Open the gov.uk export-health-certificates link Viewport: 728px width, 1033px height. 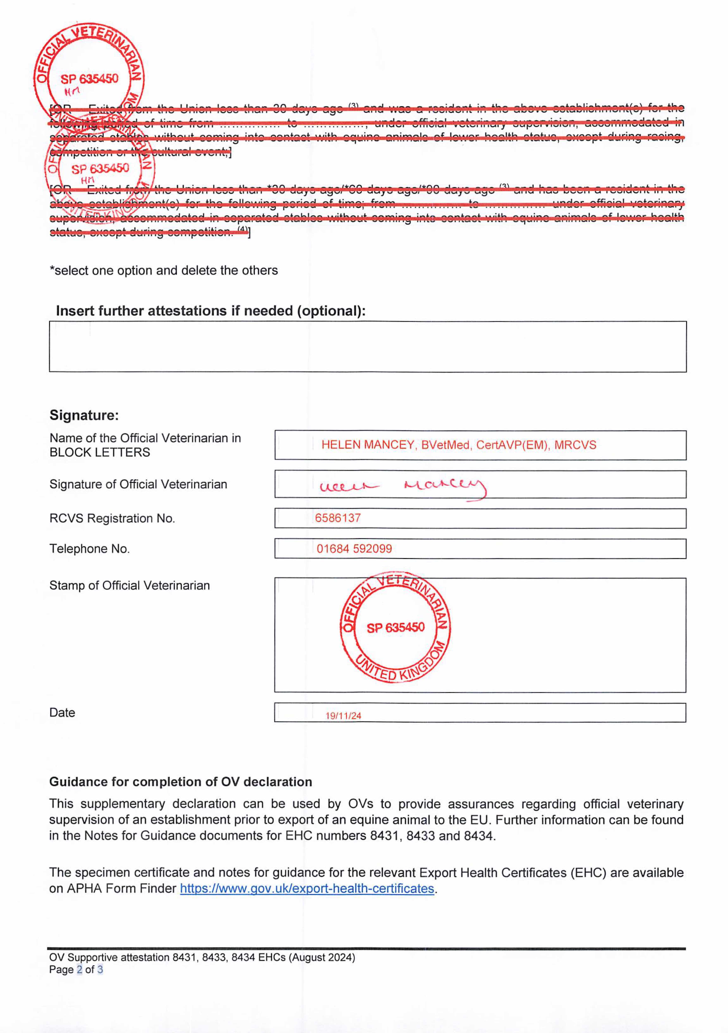coord(307,889)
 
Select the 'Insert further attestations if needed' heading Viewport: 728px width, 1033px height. coord(211,311)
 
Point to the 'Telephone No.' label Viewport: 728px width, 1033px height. coord(89,549)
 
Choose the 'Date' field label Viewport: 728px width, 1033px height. coord(62,713)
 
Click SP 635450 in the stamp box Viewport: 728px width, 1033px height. coord(396,628)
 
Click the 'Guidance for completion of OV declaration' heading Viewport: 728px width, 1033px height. coord(180,782)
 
